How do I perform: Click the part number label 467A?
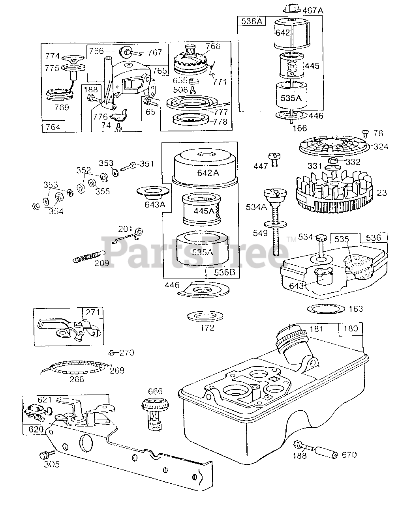[313, 10]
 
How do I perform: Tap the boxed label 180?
[351, 329]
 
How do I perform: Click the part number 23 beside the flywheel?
[382, 193]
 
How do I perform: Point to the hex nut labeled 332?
[332, 161]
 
